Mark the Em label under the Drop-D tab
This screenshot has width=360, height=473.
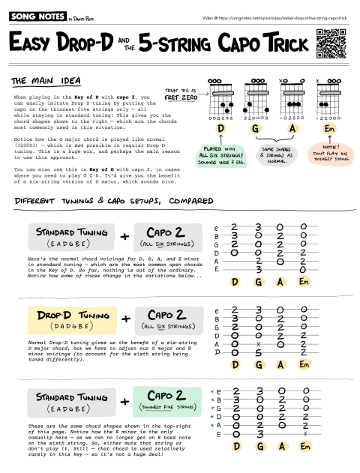[304, 364]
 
